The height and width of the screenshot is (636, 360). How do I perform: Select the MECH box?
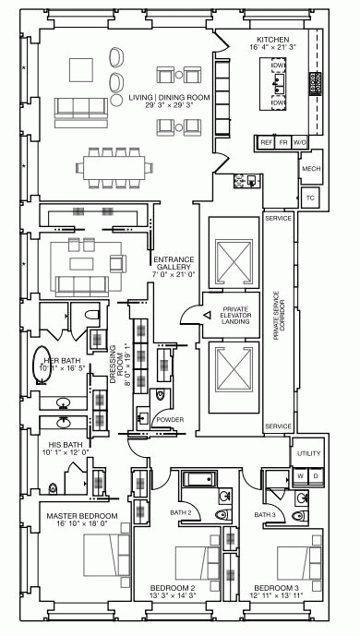click(x=311, y=170)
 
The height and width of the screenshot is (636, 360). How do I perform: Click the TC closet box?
click(x=310, y=198)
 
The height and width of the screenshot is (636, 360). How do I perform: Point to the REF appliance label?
click(x=267, y=143)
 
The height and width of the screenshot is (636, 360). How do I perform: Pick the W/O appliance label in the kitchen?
click(x=299, y=143)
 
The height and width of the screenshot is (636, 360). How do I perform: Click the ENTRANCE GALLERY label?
click(x=174, y=265)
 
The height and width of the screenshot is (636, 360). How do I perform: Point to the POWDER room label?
click(x=170, y=420)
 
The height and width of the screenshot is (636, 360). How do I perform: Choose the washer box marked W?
click(x=300, y=475)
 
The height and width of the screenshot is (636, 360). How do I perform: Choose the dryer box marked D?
click(x=316, y=475)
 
